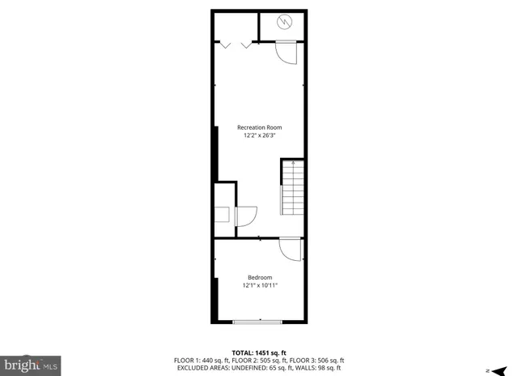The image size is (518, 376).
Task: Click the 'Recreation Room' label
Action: [259, 127]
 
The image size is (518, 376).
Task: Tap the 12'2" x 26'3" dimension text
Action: [259, 136]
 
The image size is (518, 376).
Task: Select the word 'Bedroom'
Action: [260, 277]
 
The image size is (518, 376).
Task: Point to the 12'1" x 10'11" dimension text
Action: [260, 285]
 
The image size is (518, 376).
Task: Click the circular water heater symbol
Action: [284, 22]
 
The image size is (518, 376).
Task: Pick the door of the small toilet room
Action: [246, 216]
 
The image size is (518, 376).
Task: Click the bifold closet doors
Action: [235, 44]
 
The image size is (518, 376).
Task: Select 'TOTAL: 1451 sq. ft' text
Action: [259, 353]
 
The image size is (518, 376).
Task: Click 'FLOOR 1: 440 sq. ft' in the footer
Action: [201, 361]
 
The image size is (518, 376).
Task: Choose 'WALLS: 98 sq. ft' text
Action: [319, 368]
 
